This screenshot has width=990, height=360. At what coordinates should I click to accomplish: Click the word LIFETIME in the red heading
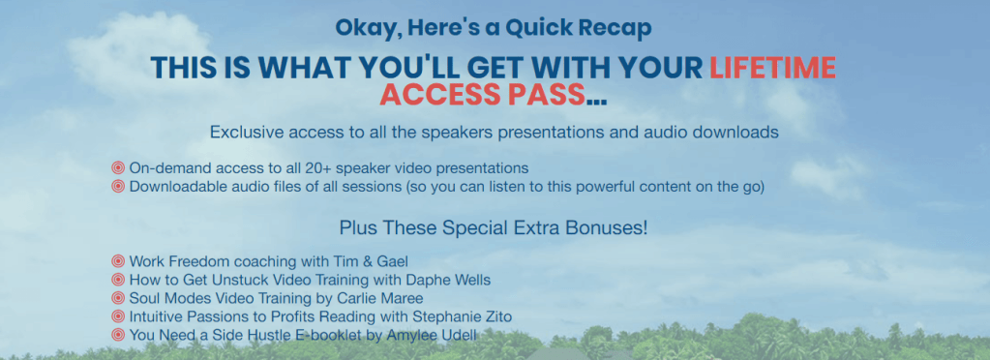(x=773, y=68)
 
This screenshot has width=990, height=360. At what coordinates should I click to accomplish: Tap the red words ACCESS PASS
(x=482, y=94)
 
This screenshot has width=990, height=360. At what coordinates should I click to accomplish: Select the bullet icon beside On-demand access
(x=118, y=168)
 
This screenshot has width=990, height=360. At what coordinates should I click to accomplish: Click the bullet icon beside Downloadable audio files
(x=118, y=187)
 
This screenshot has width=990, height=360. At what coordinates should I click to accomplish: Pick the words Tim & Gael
(x=380, y=261)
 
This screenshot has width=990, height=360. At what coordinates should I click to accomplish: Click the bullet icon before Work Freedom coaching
(x=118, y=261)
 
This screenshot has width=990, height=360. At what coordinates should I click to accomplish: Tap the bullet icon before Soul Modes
(x=118, y=297)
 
